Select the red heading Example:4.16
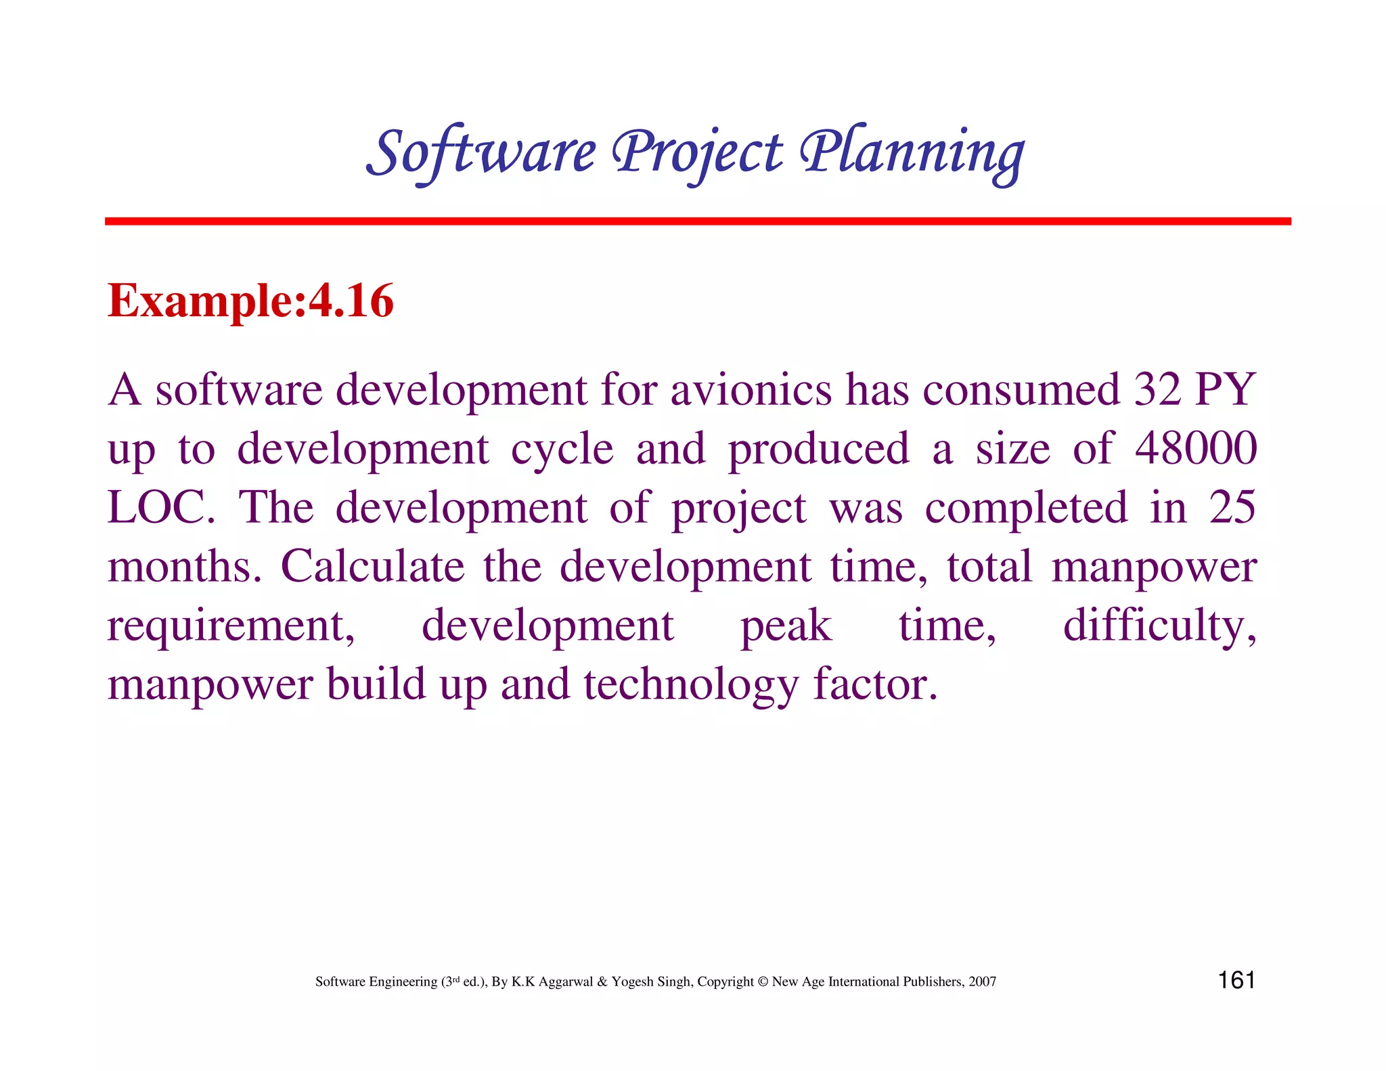tap(250, 301)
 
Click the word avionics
tap(751, 390)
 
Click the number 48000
tap(1195, 448)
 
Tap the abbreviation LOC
tap(160, 508)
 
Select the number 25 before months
tap(1232, 508)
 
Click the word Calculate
tap(372, 567)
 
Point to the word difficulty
tap(1159, 626)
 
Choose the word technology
tap(691, 685)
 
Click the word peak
tap(786, 626)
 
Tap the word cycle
tap(562, 450)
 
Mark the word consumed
tap(1022, 390)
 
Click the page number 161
tap(1236, 980)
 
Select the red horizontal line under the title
tap(697, 221)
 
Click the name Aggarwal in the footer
tap(565, 982)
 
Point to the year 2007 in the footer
tap(982, 982)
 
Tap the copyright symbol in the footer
tap(763, 982)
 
